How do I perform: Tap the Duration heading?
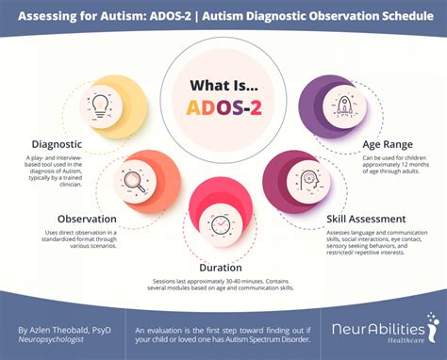pos(221,267)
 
